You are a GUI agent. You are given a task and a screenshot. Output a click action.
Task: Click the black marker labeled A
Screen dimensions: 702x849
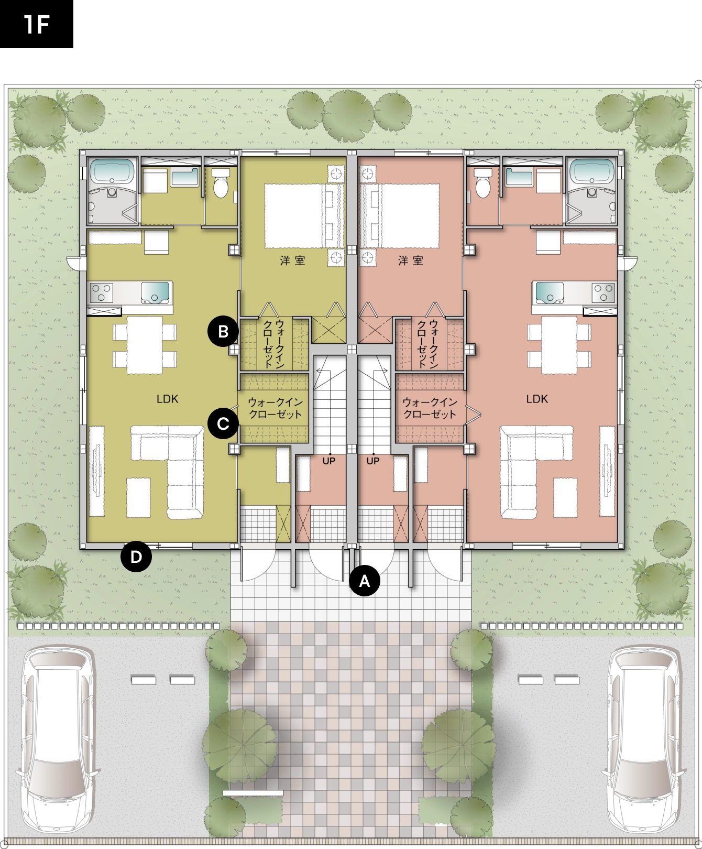[x=365, y=581]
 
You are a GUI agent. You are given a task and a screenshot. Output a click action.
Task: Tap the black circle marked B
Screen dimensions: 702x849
[x=223, y=331]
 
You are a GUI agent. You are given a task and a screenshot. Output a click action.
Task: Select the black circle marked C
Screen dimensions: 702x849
[x=223, y=423]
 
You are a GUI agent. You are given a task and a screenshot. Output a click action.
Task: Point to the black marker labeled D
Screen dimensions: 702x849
[x=136, y=556]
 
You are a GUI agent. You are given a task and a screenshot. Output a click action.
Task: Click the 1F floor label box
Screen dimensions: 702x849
[x=37, y=24]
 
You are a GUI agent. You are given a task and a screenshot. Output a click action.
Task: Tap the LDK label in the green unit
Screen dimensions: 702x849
[x=168, y=399]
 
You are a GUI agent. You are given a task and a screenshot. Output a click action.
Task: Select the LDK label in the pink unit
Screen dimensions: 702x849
[x=537, y=399]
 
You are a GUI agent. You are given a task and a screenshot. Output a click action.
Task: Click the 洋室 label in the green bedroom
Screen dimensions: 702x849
[x=293, y=260]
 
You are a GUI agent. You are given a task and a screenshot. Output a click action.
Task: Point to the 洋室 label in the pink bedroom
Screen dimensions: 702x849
[x=411, y=260]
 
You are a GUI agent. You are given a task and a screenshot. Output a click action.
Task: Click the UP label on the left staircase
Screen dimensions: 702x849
[x=329, y=461]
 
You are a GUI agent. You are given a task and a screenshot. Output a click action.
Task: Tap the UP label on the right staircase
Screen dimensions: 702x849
[x=373, y=461]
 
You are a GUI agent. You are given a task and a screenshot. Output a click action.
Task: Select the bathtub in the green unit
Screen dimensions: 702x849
[x=112, y=172]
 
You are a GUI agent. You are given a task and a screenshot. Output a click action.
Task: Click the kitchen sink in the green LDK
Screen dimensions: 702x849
[x=155, y=292]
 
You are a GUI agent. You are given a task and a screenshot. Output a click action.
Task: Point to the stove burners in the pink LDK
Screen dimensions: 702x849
[x=603, y=292]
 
